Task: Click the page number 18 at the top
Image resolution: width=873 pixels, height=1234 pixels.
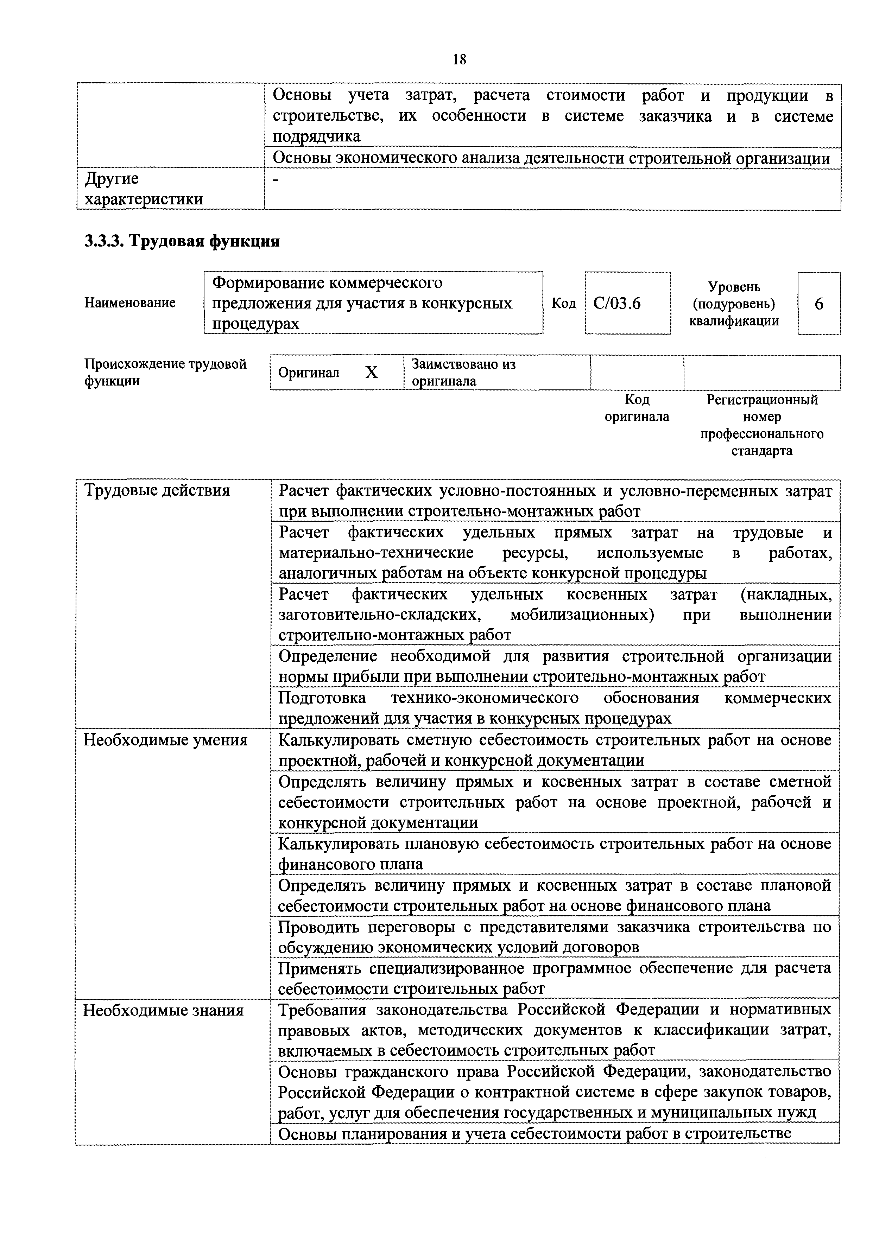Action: [x=459, y=59]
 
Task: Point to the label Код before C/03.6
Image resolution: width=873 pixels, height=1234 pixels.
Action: [x=563, y=304]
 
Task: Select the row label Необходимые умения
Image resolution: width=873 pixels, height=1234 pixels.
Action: [x=165, y=740]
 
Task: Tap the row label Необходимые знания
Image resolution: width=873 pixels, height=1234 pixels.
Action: [x=163, y=1010]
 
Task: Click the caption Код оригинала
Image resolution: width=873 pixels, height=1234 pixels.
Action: [x=637, y=408]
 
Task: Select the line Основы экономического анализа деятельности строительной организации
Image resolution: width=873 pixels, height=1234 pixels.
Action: [x=551, y=158]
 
